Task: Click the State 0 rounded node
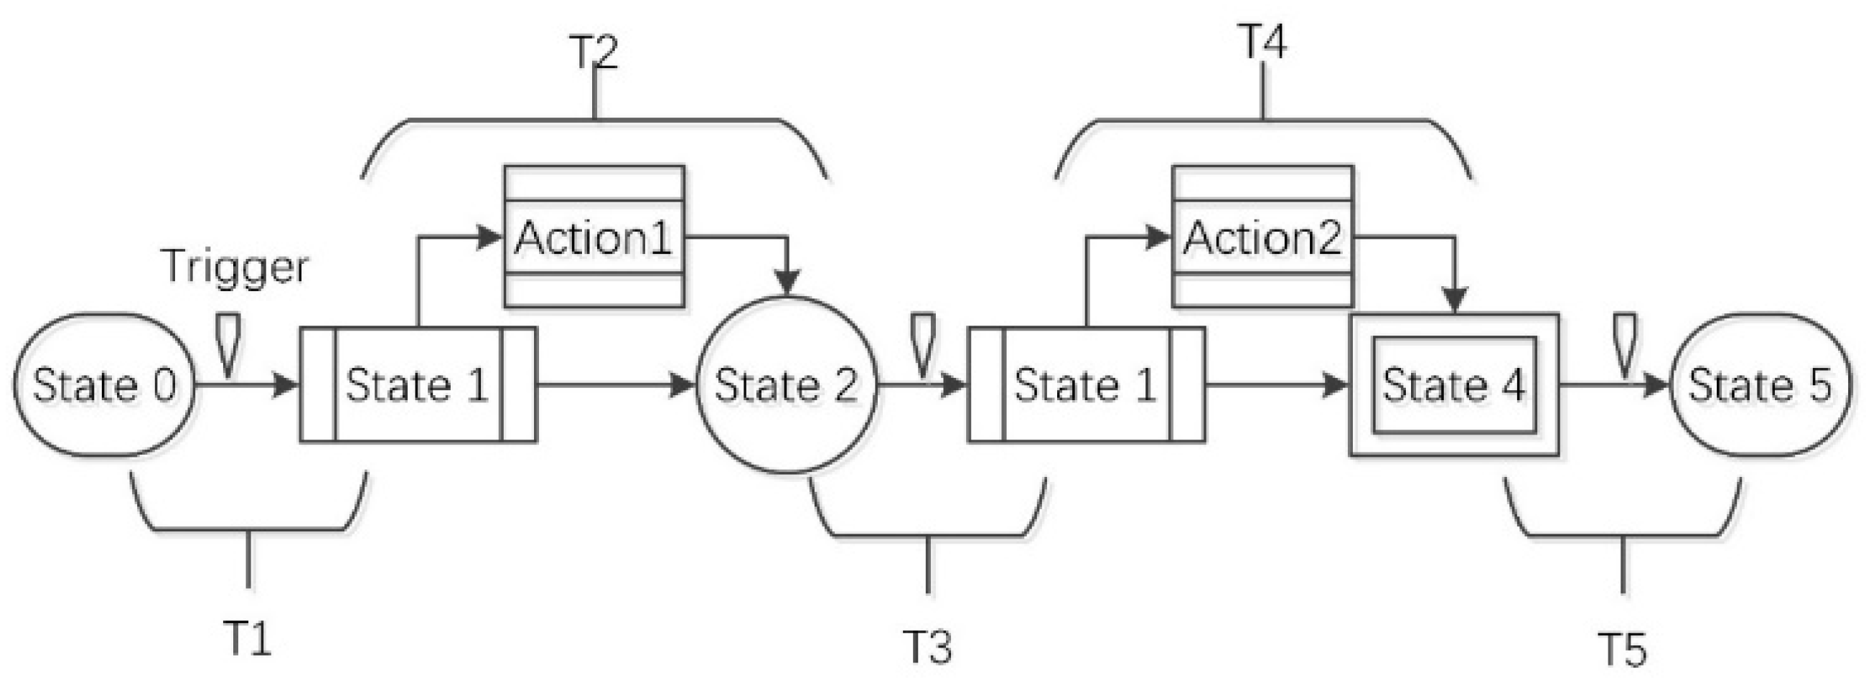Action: point(104,384)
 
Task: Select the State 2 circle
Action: point(786,384)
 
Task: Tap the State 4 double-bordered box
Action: point(1454,384)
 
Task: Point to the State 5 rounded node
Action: point(1760,384)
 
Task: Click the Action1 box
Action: point(594,237)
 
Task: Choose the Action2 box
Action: point(1262,237)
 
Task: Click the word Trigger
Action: point(235,267)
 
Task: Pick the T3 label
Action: point(928,646)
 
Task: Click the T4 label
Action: point(1262,42)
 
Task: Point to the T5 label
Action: point(1622,649)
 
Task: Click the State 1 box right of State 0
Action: point(418,384)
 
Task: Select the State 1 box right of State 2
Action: point(1087,384)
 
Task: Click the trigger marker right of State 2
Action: point(922,345)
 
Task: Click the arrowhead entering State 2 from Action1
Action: point(787,283)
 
